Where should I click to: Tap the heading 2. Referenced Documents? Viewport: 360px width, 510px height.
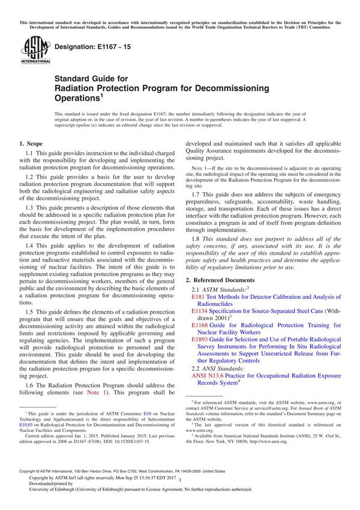tap(223, 280)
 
